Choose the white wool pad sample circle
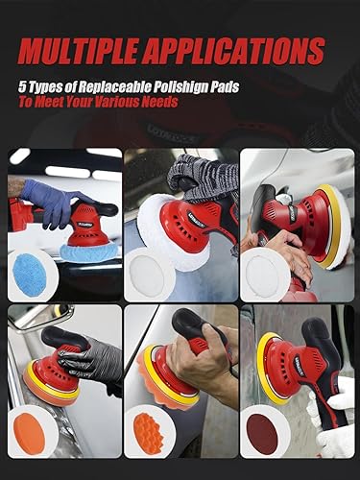click(149, 272)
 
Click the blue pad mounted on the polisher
click(91, 251)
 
